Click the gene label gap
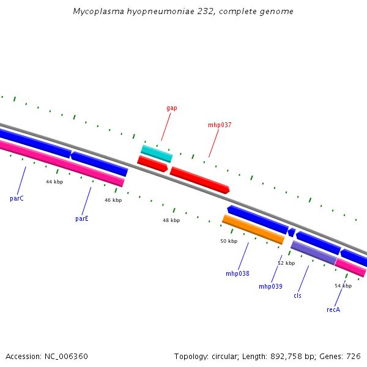[x=172, y=108]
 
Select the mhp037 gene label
[x=220, y=125]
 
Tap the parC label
[x=17, y=199]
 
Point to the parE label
[x=82, y=218]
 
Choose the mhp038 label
[x=237, y=274]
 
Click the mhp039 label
[x=270, y=286]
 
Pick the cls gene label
[x=297, y=296]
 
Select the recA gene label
[x=333, y=310]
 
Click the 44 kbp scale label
[x=54, y=182]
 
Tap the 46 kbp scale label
[x=113, y=200]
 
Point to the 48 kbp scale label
[x=171, y=220]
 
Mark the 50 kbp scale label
[x=229, y=241]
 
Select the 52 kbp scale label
[x=286, y=263]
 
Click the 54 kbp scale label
[x=343, y=286]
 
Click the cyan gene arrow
[x=157, y=154]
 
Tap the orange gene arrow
[x=253, y=229]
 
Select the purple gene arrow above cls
[x=313, y=253]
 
